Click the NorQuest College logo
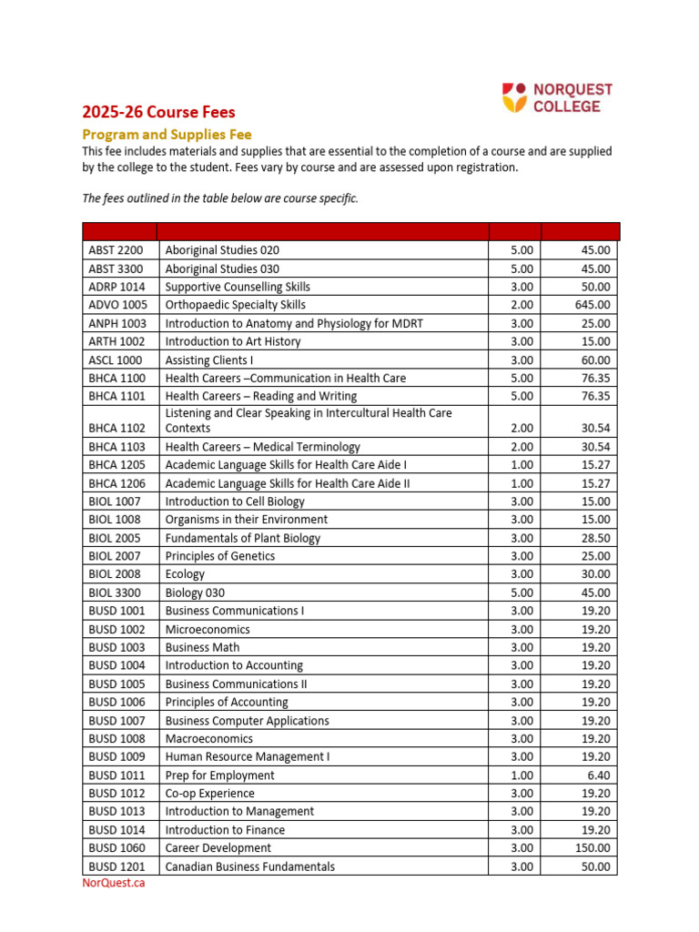[x=557, y=98]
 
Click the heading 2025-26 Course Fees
[x=158, y=113]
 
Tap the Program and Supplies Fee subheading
[x=167, y=134]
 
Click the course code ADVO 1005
[x=116, y=305]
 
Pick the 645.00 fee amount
[x=593, y=305]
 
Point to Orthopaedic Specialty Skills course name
[x=235, y=305]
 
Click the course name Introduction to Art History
[x=232, y=341]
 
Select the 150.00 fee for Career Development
[x=593, y=848]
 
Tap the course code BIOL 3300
[x=115, y=593]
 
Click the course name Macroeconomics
[x=208, y=739]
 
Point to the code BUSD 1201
[x=116, y=866]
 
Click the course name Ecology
[x=185, y=574]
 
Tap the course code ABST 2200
[x=116, y=250]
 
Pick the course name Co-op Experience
[x=209, y=794]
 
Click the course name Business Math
[x=202, y=647]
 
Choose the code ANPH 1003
[x=116, y=323]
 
